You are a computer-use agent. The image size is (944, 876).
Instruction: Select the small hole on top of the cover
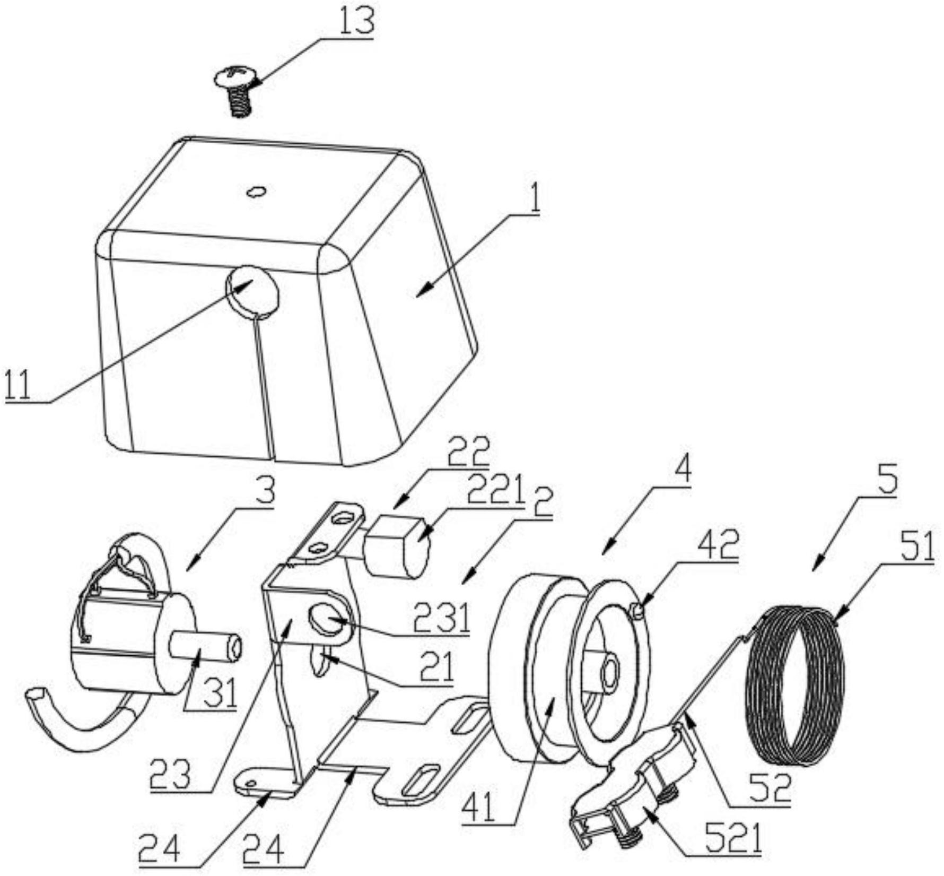(257, 191)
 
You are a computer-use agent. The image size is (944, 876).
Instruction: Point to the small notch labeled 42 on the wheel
(639, 612)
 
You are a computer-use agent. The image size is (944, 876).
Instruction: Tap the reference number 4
(684, 470)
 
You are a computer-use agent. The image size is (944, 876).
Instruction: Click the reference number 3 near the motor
(264, 492)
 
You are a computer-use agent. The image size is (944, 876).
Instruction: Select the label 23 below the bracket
(169, 775)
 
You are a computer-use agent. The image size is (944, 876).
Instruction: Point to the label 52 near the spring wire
(770, 788)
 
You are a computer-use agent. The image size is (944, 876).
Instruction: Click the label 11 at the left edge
(18, 386)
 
